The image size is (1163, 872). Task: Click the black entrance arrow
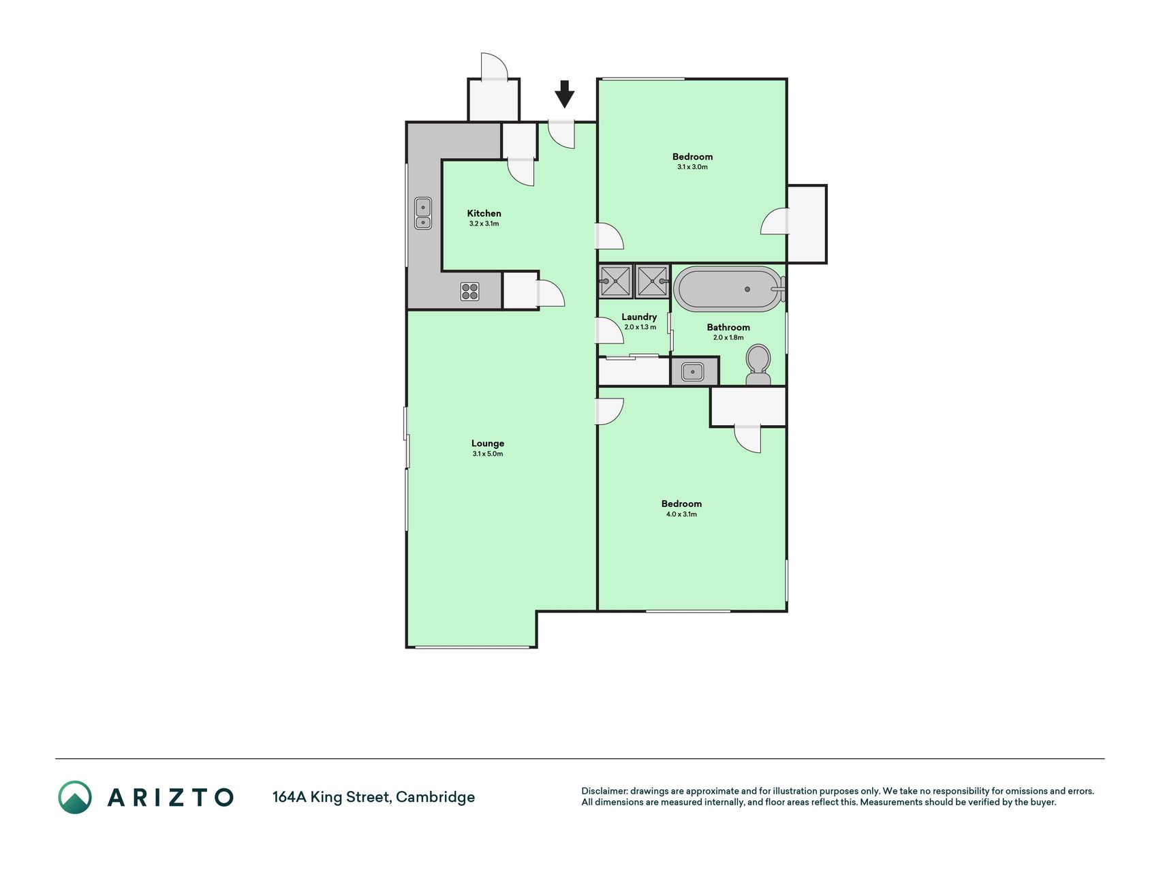coord(564,94)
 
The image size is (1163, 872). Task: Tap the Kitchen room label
coord(484,213)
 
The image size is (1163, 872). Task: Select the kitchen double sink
coord(423,213)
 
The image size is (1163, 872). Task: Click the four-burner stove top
coord(469,292)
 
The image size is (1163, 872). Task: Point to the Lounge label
coord(488,443)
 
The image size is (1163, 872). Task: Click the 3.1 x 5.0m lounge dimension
coord(488,454)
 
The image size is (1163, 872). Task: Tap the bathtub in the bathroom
coord(728,290)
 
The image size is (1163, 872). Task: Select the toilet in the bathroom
coord(758,365)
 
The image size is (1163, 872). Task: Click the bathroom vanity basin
coord(694,372)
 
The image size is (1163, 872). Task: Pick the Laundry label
coord(639,317)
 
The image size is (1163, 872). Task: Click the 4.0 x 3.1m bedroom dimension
coord(681,514)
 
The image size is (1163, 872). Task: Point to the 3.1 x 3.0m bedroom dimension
coord(692,167)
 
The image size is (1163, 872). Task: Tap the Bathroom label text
coord(728,327)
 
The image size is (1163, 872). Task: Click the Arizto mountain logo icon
coord(74,797)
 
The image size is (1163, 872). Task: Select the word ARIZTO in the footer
coord(170,797)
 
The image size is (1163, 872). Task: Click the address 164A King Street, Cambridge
coord(373,797)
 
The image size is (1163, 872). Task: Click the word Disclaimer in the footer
coord(604,791)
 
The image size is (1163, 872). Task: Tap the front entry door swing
coord(562,134)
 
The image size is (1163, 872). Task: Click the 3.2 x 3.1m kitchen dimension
coord(484,223)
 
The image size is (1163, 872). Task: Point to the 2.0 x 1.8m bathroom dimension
coord(728,337)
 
